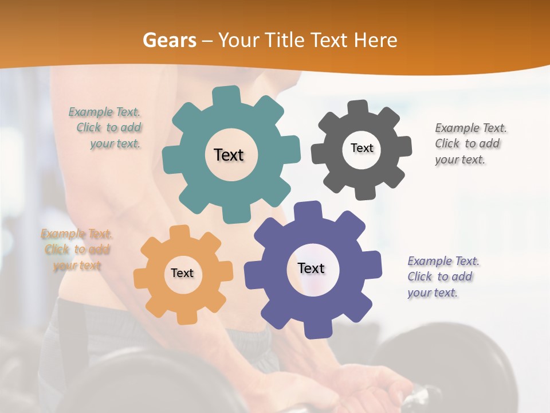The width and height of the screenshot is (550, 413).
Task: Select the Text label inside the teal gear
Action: click(x=229, y=155)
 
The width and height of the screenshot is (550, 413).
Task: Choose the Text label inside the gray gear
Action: click(x=362, y=148)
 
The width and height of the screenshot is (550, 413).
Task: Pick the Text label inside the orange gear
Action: click(x=182, y=273)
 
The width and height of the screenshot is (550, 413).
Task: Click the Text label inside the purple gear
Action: click(x=311, y=268)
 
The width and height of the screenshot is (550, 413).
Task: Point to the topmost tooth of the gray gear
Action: click(x=357, y=108)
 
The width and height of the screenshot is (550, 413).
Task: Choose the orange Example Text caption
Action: click(x=76, y=250)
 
